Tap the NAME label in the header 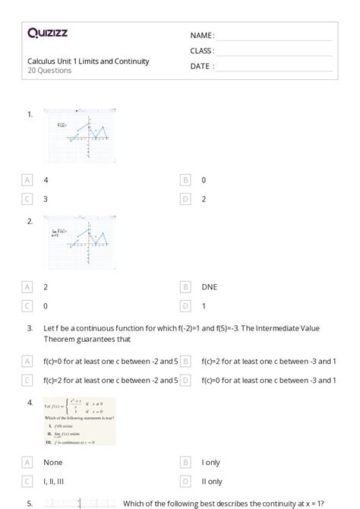coord(202,36)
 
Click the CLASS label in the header coord(202,51)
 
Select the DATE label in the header coord(201,66)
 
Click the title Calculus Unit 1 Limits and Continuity coord(88,62)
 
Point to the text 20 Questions coord(49,71)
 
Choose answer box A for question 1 coord(28,180)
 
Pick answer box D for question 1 coord(185,198)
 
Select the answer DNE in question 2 coord(209,287)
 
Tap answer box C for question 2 coord(28,305)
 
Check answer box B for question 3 coord(185,361)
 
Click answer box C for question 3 coord(28,379)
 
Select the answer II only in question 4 coord(212,480)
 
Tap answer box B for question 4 coord(185,462)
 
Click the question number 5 coord(30,503)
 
